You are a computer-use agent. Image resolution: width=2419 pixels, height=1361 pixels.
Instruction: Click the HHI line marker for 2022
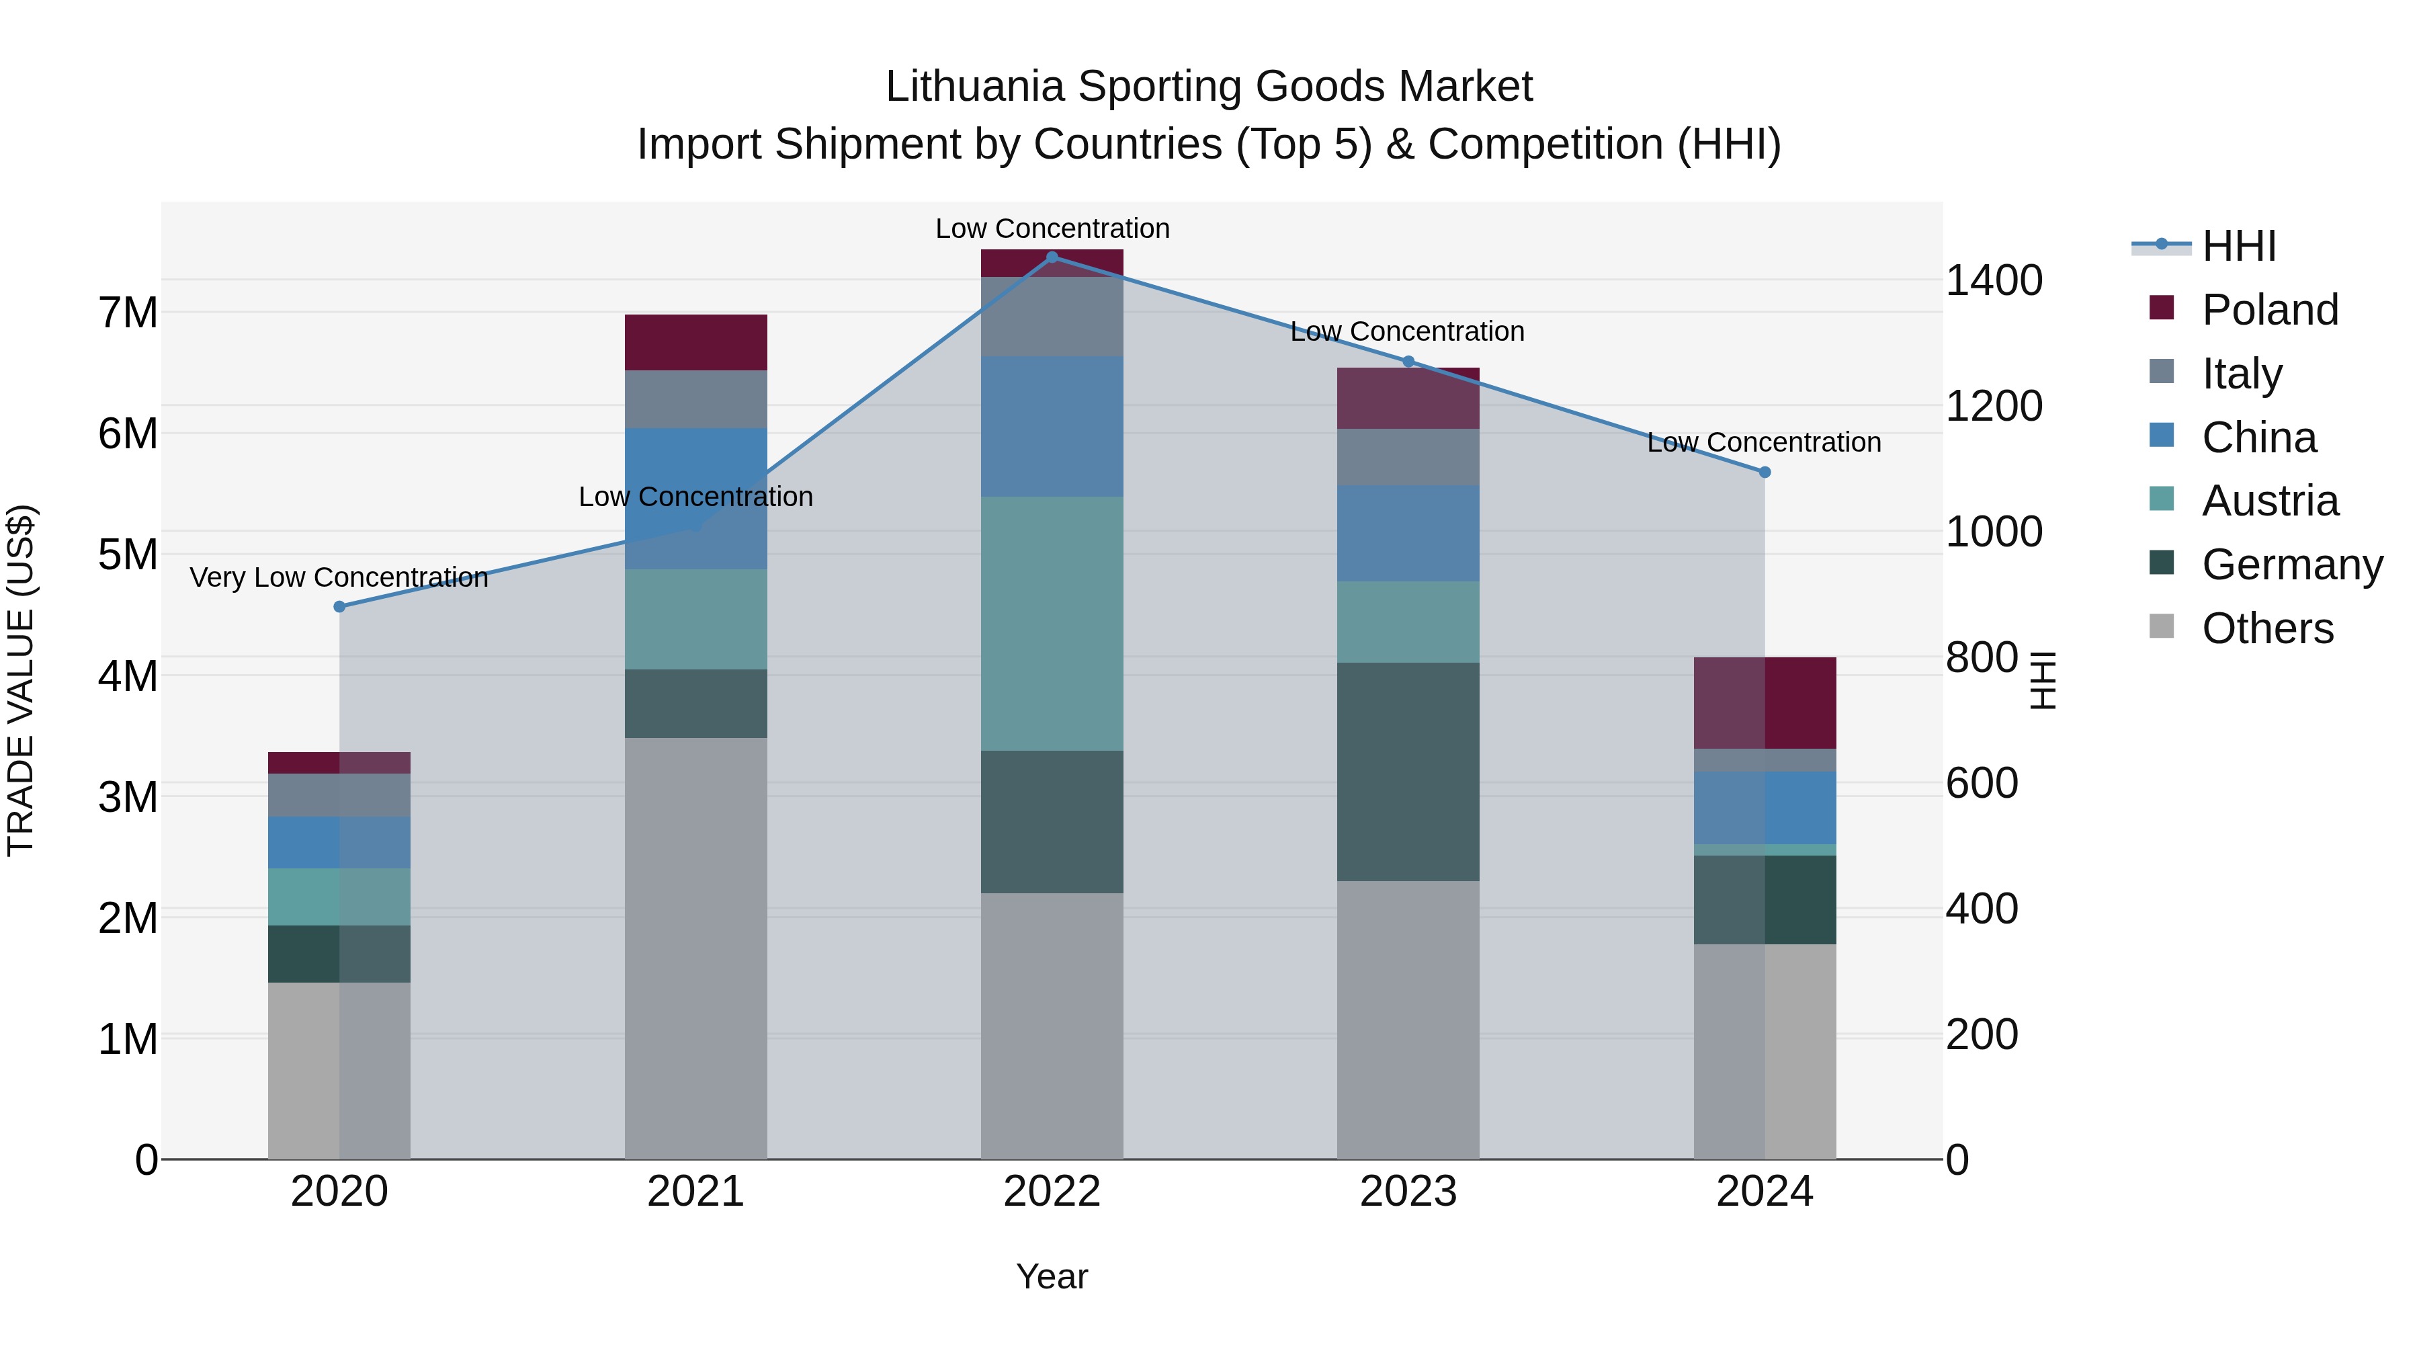point(1052,257)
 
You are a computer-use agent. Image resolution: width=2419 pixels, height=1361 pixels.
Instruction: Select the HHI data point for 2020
point(340,607)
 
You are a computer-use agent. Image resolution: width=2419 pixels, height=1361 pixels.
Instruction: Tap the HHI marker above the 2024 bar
point(1765,472)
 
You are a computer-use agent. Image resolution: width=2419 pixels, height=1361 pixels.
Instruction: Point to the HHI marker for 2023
point(1408,362)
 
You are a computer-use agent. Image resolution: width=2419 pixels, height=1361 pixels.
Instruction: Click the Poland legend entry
point(2270,310)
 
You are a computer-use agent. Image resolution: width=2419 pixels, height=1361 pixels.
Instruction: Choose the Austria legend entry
point(2270,501)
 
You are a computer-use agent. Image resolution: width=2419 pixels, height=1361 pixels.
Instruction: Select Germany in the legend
point(2291,565)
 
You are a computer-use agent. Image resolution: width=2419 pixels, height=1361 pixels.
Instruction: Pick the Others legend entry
point(2267,628)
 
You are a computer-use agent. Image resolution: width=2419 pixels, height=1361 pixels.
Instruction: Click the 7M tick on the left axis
point(128,312)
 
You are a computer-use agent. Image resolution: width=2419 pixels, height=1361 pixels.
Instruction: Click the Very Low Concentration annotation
point(339,577)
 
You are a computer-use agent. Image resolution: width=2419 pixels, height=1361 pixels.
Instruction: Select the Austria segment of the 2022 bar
point(1052,624)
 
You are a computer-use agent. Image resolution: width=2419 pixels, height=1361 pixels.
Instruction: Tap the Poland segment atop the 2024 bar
point(1765,702)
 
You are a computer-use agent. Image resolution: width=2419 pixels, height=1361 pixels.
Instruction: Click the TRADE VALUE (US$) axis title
point(21,680)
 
